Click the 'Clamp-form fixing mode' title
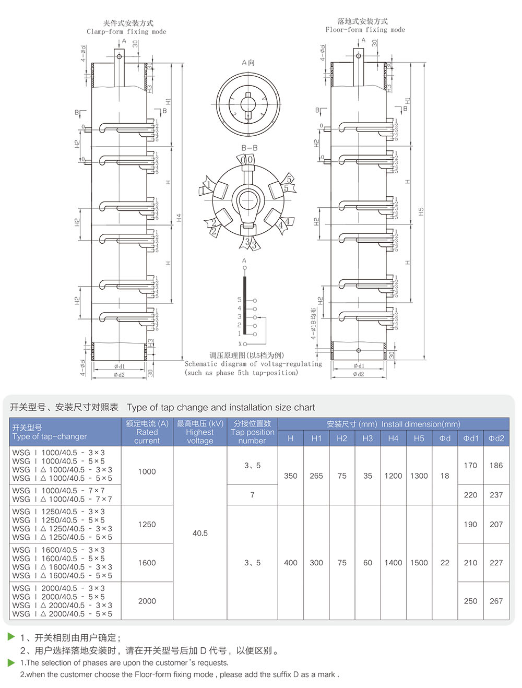point(126,31)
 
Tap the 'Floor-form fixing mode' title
point(365,30)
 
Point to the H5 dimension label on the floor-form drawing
point(421,211)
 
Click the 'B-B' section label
point(249,148)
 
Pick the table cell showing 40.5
point(200,533)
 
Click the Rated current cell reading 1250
point(147,524)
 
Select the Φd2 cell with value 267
point(496,601)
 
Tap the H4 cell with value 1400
point(393,563)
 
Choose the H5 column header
point(419,438)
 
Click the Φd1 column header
point(470,438)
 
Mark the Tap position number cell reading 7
point(252,494)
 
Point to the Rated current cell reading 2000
point(147,601)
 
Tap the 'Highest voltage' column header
point(200,432)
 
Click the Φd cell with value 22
point(445,563)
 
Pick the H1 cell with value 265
point(316,476)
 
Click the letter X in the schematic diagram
point(240,344)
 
